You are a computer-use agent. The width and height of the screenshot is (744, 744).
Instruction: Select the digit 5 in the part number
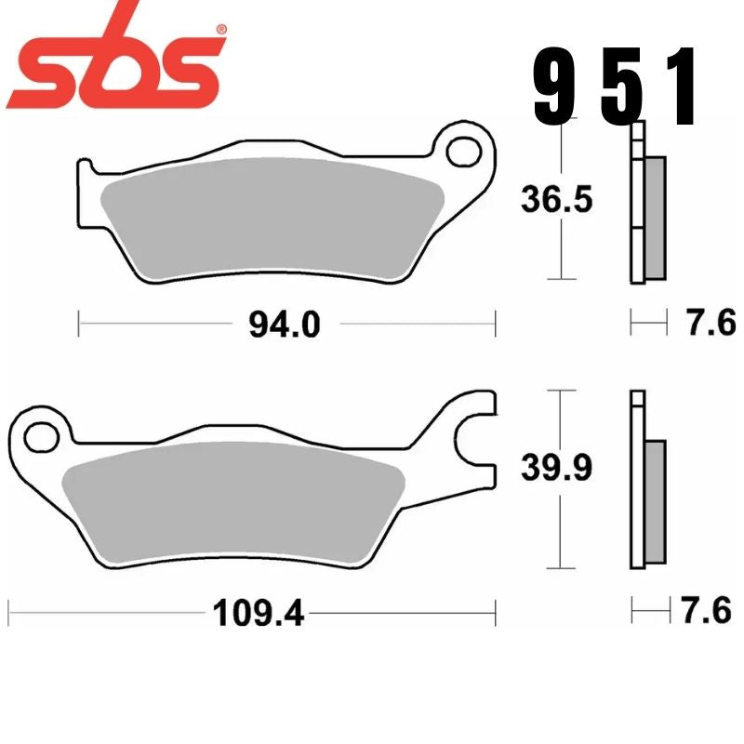click(x=618, y=89)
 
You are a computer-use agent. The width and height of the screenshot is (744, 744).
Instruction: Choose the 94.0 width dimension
click(x=284, y=325)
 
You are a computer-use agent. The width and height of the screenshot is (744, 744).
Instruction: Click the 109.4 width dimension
click(x=259, y=613)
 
